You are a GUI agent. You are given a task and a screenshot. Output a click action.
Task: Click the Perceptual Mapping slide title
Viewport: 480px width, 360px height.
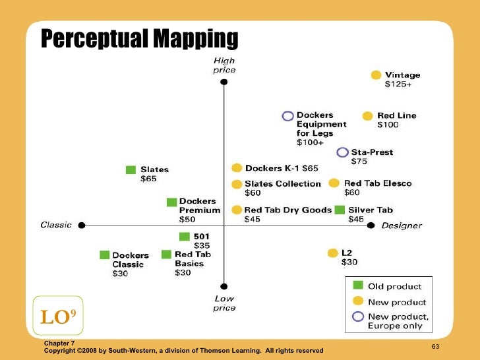click(139, 40)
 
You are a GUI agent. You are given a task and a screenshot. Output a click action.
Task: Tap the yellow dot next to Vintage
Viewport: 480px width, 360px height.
click(376, 75)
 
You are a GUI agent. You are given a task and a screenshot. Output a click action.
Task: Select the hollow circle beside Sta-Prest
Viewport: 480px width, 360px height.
click(342, 152)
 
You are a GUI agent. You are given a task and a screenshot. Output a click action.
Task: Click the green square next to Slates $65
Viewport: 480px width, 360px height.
click(131, 170)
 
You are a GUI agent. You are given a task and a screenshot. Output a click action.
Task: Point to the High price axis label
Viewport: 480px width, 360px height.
click(224, 65)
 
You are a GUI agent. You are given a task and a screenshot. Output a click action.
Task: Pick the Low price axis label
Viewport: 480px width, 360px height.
click(224, 303)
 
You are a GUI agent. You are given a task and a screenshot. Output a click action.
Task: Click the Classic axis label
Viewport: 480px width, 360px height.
click(56, 225)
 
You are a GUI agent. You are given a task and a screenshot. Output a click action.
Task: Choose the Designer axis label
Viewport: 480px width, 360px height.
click(402, 225)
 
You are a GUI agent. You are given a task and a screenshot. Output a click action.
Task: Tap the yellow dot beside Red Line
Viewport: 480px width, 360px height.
click(368, 116)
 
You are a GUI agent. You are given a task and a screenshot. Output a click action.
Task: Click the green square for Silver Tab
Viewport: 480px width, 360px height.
click(340, 210)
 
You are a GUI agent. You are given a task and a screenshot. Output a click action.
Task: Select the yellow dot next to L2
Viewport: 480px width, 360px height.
click(332, 253)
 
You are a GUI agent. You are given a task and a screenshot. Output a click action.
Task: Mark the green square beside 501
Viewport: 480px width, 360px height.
click(184, 237)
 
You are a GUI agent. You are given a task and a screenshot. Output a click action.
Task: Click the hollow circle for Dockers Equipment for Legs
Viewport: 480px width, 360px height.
click(287, 116)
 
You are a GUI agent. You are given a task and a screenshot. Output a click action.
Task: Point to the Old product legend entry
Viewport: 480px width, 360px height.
click(394, 286)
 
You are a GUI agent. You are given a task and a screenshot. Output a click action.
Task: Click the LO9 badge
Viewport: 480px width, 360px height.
click(57, 317)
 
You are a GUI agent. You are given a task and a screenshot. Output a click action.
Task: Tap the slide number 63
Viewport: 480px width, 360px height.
click(435, 347)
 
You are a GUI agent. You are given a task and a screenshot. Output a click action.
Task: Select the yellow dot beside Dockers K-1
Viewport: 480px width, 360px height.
click(237, 169)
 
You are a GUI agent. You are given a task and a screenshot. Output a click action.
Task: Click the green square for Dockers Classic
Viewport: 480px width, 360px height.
click(104, 255)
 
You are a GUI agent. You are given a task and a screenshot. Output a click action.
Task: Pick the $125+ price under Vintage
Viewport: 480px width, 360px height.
click(398, 84)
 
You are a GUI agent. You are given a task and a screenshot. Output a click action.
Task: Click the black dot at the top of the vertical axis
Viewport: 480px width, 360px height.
click(224, 82)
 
